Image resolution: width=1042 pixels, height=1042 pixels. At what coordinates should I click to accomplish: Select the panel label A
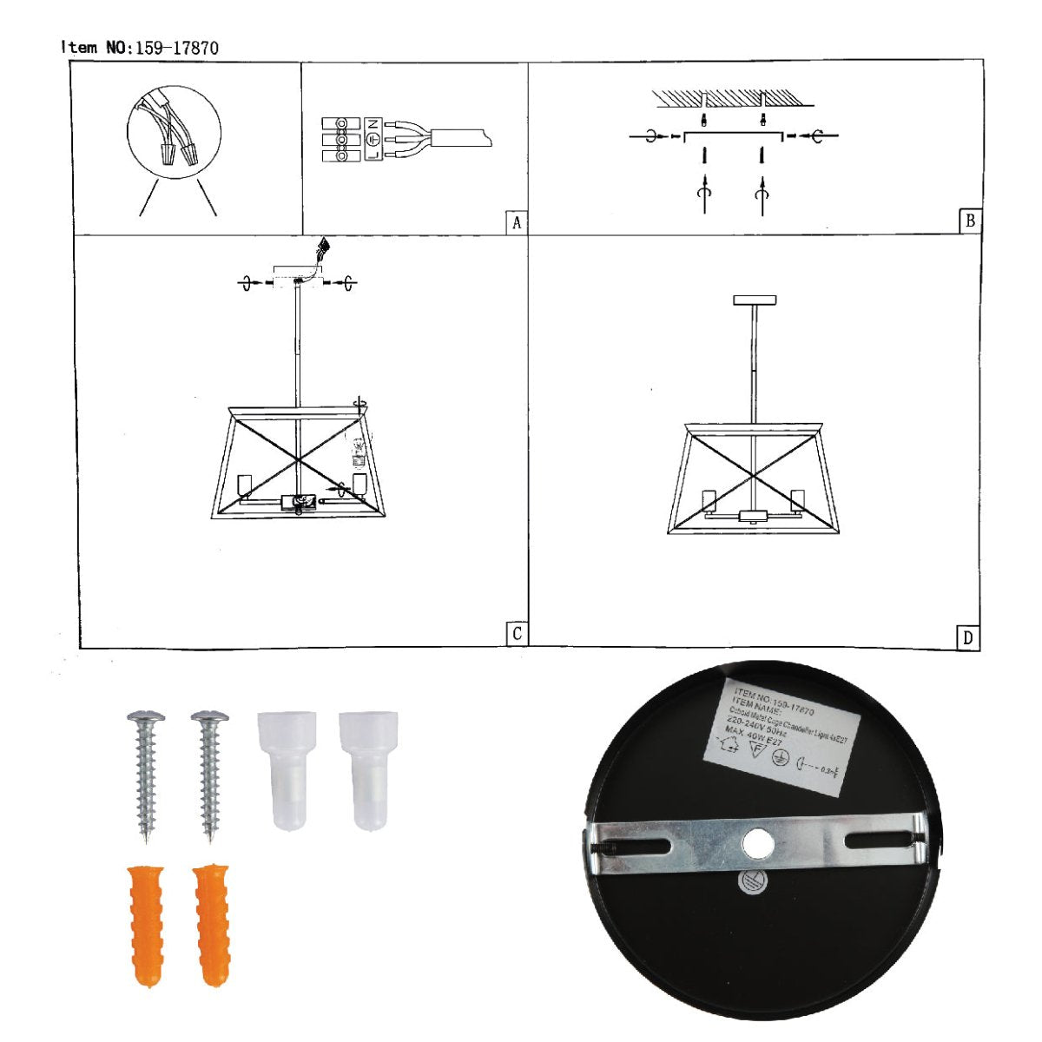[517, 222]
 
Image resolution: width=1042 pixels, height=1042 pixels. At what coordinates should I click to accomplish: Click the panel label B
[970, 221]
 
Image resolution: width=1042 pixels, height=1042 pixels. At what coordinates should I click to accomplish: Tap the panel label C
[517, 634]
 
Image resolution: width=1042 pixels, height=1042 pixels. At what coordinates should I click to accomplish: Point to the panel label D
[968, 638]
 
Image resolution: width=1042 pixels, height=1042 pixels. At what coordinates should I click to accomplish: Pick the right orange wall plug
[211, 925]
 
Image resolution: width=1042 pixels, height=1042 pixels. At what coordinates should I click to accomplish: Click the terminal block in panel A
[341, 139]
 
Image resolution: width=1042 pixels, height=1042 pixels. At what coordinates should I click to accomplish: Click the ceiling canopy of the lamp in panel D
[754, 300]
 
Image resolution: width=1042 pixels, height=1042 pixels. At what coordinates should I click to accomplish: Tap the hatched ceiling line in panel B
[734, 97]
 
